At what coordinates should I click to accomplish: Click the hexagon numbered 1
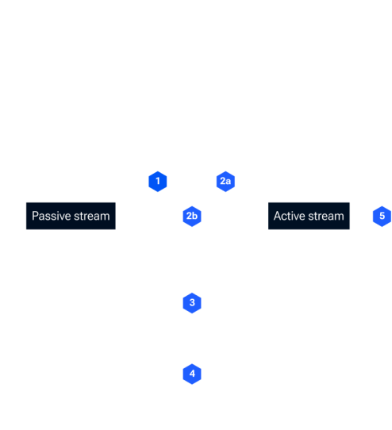pos(158,181)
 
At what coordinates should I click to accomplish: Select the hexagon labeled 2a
pos(225,181)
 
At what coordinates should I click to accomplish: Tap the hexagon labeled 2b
pos(192,216)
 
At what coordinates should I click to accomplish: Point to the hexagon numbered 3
pos(192,303)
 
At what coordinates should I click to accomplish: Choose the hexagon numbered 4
pos(192,374)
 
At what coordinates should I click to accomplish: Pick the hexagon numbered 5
pos(382,216)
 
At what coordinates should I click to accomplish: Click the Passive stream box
pos(71,216)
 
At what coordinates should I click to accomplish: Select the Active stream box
pos(309,216)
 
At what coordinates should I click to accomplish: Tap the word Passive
pos(52,216)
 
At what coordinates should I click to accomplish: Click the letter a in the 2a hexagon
pos(229,182)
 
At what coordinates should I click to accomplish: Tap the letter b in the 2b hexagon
pos(195,216)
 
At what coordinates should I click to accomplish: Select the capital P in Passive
pos(35,216)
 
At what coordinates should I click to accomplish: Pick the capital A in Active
pos(277,216)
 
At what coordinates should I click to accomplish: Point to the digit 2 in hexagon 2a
pos(223,181)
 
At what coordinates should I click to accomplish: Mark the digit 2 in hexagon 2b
pos(190,216)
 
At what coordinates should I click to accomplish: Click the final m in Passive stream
pos(106,217)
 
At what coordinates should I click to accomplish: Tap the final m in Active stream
pos(340,217)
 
